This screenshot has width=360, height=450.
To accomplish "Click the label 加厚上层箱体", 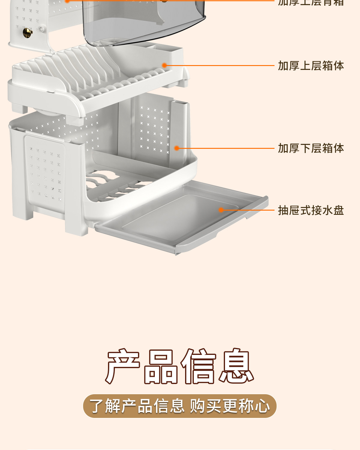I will click(311, 66).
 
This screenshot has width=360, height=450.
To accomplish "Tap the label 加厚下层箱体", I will click(311, 148).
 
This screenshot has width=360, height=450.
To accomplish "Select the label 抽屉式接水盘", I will click(311, 210).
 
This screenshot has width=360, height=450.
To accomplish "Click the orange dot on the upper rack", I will click(164, 65).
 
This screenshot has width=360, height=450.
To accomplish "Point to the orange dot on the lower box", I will click(177, 148).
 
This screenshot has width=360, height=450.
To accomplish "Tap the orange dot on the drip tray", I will click(221, 210).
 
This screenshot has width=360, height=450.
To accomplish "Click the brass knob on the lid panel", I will click(28, 32).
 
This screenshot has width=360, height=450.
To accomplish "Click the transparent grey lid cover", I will click(144, 21).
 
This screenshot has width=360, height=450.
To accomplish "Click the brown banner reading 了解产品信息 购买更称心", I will click(180, 406).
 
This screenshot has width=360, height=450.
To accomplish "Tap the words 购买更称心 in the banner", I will click(230, 406).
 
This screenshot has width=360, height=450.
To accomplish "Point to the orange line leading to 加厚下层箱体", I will click(225, 148).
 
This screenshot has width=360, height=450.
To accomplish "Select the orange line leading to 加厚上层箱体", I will click(219, 65).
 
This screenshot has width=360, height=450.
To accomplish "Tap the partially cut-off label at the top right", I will click(311, 2).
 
